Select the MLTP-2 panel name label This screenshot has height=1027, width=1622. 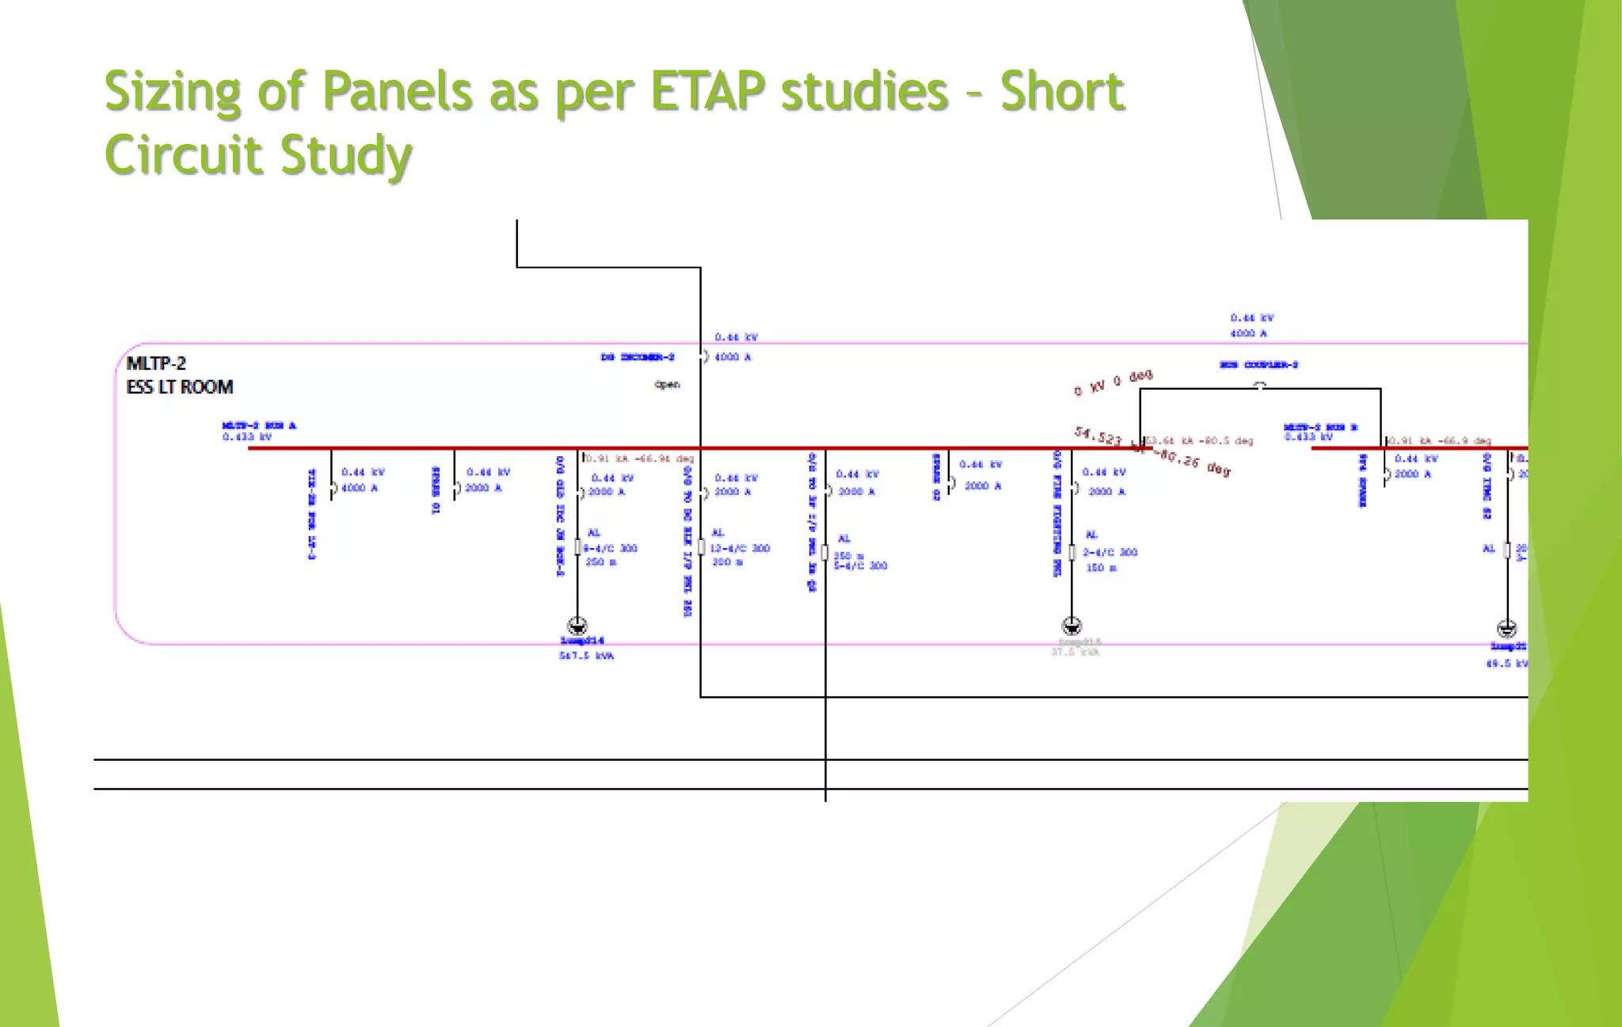156,363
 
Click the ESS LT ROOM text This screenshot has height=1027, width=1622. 180,387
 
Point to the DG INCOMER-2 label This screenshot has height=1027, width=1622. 637,357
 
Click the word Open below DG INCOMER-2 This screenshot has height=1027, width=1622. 667,385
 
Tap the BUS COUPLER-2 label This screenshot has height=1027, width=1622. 1258,365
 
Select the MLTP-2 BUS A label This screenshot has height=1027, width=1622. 259,426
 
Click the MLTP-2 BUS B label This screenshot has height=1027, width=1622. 1320,427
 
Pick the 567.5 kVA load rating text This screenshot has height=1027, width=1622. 586,656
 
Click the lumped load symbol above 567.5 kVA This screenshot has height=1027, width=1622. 577,626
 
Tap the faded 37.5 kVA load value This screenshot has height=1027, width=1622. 1075,652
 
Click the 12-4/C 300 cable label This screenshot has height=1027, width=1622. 740,548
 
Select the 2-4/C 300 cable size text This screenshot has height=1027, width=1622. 1110,552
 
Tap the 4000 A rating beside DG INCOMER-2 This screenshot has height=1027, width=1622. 733,357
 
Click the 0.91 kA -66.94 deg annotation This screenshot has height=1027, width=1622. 640,458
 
